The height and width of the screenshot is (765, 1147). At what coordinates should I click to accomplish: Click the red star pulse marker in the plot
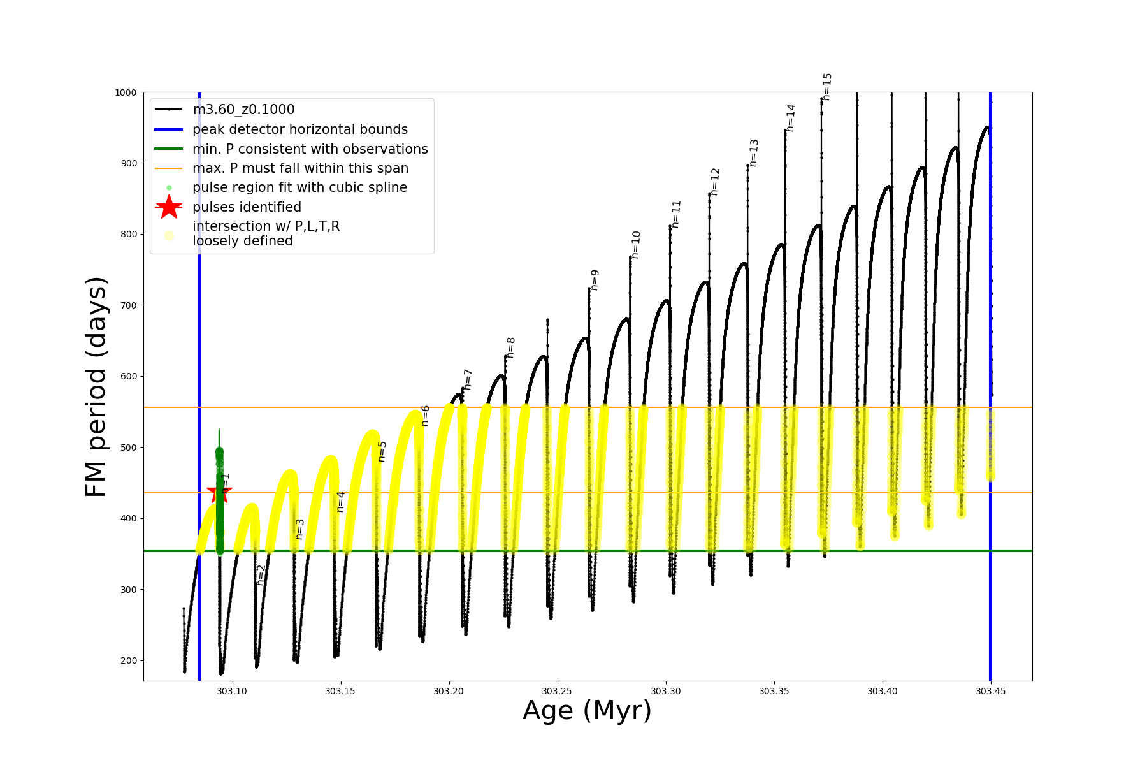[219, 492]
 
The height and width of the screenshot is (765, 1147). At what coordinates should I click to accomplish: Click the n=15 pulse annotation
[827, 87]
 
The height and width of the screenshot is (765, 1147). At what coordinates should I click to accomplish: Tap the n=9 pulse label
[595, 280]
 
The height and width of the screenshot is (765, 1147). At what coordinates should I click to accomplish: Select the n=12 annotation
[715, 182]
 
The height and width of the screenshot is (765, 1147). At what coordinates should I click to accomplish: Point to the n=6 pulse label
[425, 416]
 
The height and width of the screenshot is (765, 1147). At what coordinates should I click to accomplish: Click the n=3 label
[299, 529]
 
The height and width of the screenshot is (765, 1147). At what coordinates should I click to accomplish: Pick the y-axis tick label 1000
[126, 92]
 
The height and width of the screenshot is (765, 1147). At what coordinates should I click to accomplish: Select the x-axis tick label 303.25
[558, 691]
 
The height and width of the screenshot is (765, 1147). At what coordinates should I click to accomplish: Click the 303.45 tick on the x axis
[991, 691]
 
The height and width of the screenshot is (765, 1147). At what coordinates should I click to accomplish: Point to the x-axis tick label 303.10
[232, 691]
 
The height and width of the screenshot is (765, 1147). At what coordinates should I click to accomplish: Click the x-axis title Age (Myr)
[587, 711]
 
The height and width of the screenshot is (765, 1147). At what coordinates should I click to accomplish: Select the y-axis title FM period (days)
[96, 386]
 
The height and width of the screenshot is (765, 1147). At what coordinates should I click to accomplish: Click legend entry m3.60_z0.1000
[243, 110]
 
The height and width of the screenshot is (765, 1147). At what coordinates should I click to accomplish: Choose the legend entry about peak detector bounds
[299, 129]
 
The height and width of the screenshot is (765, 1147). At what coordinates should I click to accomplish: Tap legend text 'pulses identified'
[247, 207]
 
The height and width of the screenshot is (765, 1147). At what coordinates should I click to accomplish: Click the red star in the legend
[169, 207]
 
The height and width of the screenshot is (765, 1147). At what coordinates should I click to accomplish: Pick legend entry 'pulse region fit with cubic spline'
[299, 187]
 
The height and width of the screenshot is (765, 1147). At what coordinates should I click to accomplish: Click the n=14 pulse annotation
[791, 118]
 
